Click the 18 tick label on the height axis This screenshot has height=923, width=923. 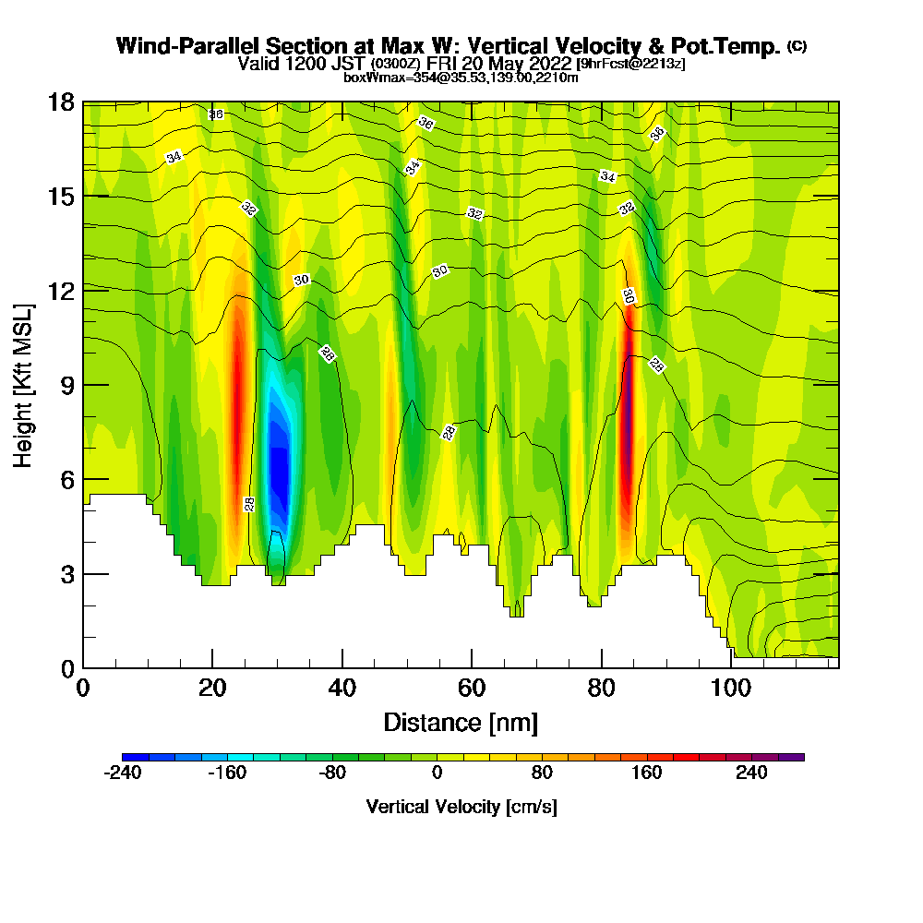[x=61, y=102]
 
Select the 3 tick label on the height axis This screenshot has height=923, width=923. [x=67, y=574]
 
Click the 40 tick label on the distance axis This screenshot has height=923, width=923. [x=342, y=689]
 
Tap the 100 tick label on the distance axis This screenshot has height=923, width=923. [x=731, y=689]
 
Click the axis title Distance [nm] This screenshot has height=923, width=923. [x=461, y=722]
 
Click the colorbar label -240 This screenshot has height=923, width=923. [x=123, y=773]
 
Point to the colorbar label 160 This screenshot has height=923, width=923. [x=646, y=773]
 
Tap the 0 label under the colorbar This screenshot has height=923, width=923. [x=437, y=773]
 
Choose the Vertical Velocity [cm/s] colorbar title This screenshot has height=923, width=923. [x=461, y=807]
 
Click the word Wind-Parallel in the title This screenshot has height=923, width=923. [x=190, y=46]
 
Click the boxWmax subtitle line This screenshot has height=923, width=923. [x=461, y=78]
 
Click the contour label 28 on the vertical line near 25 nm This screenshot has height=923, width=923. [x=249, y=504]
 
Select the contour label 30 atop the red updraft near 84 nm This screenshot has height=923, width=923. [x=628, y=296]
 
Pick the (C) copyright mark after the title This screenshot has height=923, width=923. [x=797, y=46]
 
